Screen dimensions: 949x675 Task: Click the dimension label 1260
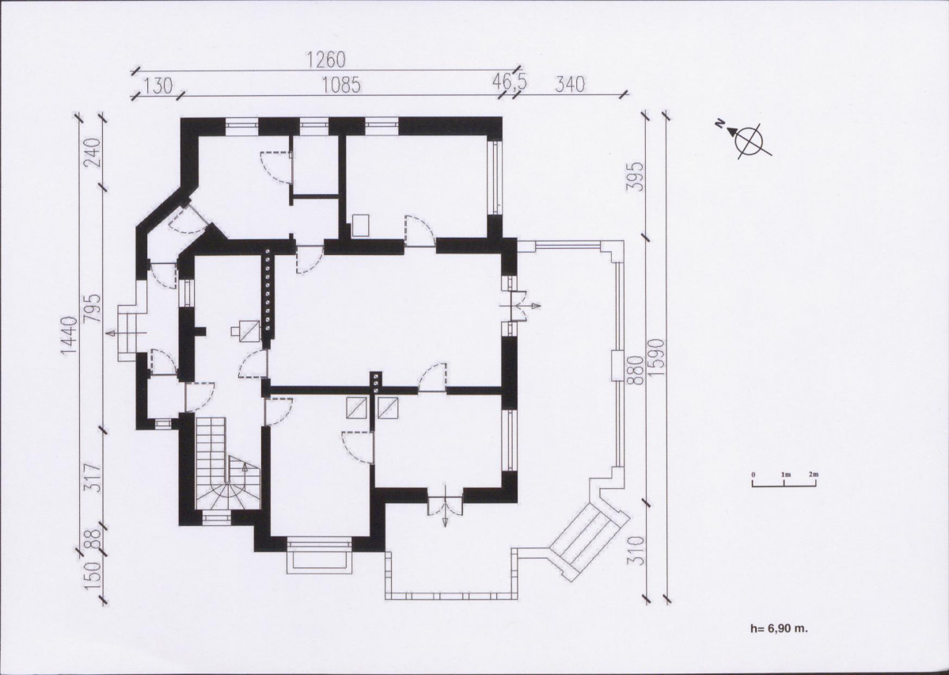pyautogui.click(x=326, y=59)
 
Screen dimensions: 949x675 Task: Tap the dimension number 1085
pyautogui.click(x=341, y=85)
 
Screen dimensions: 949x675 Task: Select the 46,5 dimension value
pyautogui.click(x=509, y=82)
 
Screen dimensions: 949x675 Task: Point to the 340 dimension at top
pyautogui.click(x=570, y=84)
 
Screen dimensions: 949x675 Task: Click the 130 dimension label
pyautogui.click(x=158, y=86)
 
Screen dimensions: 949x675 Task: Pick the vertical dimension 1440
pyautogui.click(x=70, y=335)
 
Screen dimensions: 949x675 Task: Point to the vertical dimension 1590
pyautogui.click(x=658, y=357)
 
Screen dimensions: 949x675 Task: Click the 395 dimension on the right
pyautogui.click(x=634, y=177)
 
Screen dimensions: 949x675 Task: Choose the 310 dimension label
pyautogui.click(x=634, y=550)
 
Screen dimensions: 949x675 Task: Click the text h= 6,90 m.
pyautogui.click(x=779, y=628)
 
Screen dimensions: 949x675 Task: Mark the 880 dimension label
pyautogui.click(x=634, y=370)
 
